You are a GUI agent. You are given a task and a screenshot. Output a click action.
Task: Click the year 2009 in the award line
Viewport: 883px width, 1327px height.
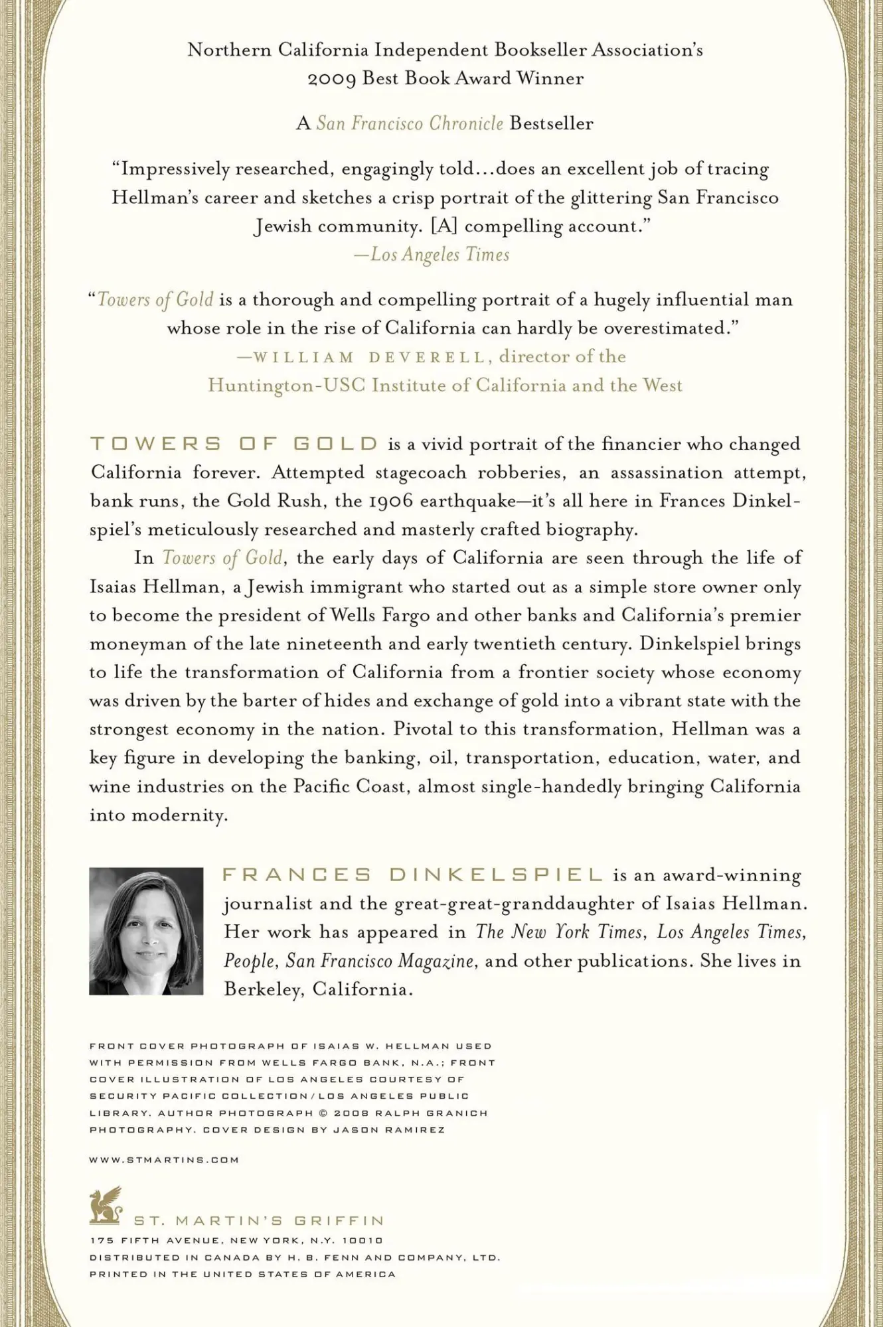(332, 79)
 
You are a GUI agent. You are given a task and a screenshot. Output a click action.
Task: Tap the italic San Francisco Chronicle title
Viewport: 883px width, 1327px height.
(410, 123)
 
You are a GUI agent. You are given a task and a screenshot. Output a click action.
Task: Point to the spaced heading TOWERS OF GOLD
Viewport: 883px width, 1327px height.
(234, 444)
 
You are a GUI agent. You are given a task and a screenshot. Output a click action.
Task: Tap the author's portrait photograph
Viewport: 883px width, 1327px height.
(146, 931)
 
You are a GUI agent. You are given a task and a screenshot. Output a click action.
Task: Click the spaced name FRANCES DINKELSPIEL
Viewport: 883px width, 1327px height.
(412, 875)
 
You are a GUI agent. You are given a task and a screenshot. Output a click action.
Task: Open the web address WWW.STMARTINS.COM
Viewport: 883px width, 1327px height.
(164, 1160)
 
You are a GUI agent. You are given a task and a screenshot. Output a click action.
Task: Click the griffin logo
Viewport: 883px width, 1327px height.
(106, 1206)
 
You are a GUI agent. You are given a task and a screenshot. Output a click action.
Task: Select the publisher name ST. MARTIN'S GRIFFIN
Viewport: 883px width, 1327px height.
(259, 1221)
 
